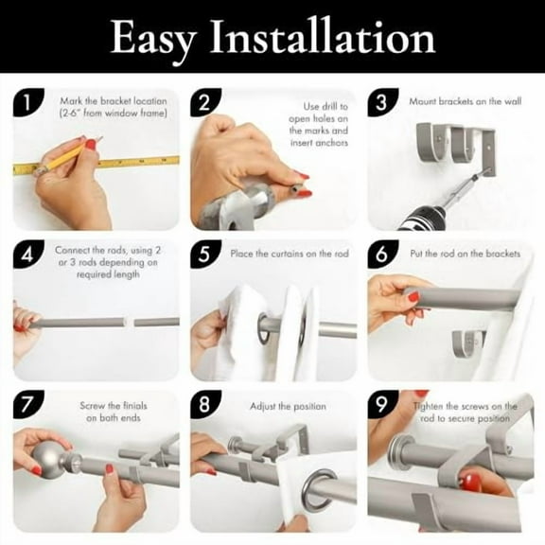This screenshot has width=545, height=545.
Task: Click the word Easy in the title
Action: coord(153,39)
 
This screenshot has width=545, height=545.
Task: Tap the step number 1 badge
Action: coord(28,102)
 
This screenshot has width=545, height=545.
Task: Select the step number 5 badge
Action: coord(205,254)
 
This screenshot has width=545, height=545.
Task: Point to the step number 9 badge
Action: coord(382,404)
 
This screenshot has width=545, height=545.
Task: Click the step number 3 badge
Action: coord(382,102)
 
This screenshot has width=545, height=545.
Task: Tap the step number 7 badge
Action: coord(28,404)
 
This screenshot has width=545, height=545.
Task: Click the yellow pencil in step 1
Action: coord(66,156)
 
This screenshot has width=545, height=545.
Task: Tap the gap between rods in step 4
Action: coord(130,323)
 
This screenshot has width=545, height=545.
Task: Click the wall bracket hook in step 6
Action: coord(467,344)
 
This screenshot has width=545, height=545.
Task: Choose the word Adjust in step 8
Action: coord(263,407)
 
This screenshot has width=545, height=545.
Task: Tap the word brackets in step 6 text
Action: coord(503,254)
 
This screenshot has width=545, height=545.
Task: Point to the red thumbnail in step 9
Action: coord(469,482)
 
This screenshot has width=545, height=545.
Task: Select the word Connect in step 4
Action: coord(71,250)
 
